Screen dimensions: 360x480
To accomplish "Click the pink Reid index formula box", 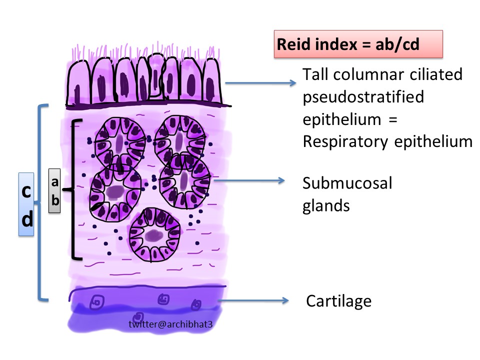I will tap(357, 43).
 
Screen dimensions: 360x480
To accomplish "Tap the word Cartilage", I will tap(338, 301).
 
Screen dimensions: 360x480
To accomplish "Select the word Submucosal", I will tap(347, 183).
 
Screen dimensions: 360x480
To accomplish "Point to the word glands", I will tap(325, 205).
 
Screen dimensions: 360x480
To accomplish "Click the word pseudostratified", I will tap(363, 96).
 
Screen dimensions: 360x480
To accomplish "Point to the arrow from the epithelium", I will tap(259, 83).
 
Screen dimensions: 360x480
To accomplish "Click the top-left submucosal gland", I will tap(119, 140).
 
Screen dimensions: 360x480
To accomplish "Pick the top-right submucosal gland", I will tap(176, 137).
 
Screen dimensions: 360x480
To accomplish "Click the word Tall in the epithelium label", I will tap(315, 74).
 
